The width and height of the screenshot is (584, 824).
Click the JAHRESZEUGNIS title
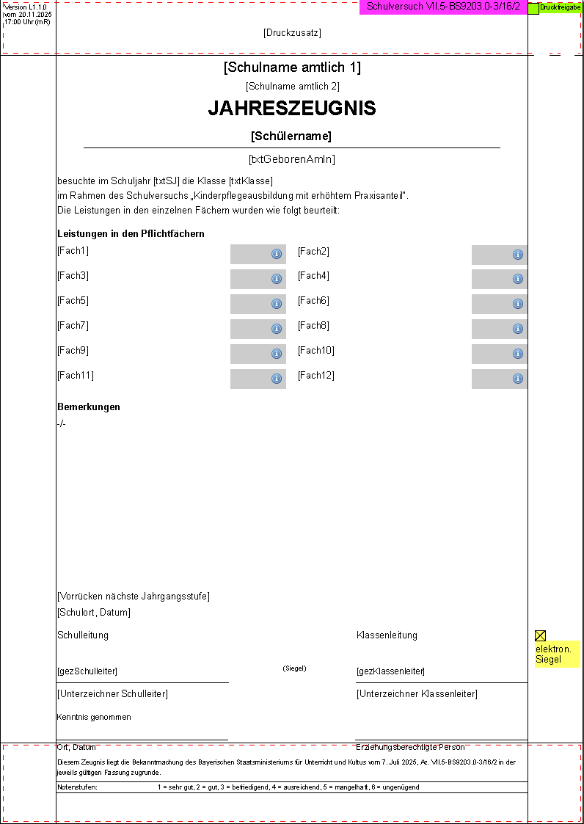coord(292,109)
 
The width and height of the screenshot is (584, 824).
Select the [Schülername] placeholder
coord(291,136)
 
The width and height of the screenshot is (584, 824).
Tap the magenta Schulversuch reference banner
coord(443,7)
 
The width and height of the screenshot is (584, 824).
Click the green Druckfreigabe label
coord(560,7)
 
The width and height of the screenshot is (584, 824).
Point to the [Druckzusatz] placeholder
coord(292,33)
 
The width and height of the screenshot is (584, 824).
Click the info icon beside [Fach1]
coord(277,254)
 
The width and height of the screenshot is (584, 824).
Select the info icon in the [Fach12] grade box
coord(517,379)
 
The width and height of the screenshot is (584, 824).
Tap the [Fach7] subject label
coord(73,326)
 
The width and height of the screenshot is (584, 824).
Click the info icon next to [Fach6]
coord(517,304)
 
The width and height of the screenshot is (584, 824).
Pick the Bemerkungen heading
coord(89,407)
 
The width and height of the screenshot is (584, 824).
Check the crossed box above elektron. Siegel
coord(540,635)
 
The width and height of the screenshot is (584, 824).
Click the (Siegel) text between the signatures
coord(294,668)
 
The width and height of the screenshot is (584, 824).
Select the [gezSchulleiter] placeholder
coord(87,671)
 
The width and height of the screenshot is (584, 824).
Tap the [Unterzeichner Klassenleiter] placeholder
coord(417,694)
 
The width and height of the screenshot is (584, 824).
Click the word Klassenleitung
coord(387,635)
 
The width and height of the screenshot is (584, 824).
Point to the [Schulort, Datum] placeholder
coord(94,613)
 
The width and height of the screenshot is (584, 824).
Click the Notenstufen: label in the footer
coord(77,787)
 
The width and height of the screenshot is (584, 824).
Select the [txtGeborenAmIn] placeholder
coord(292,159)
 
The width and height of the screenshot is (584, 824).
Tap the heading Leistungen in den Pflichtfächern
coord(131,234)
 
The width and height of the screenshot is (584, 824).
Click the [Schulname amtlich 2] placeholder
coord(292,87)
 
